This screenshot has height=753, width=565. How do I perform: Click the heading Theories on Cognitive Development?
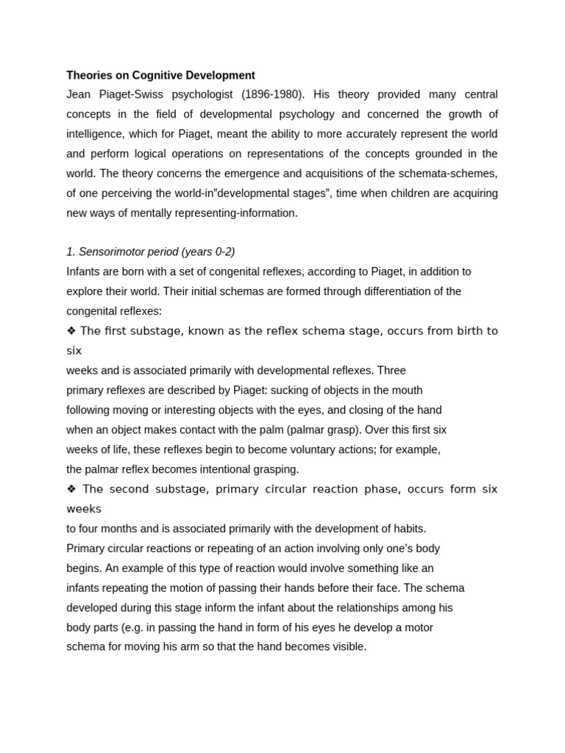[x=160, y=75]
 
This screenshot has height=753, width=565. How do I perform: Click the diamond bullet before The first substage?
[x=71, y=331]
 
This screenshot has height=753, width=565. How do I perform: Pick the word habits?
[x=408, y=529]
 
